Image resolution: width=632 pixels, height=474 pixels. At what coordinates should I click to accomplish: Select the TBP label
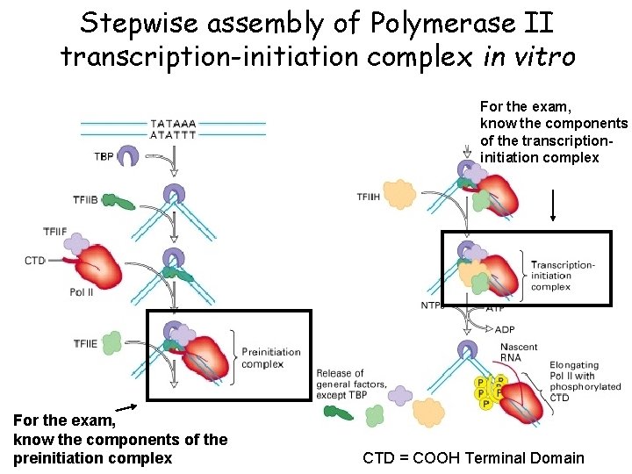(104, 156)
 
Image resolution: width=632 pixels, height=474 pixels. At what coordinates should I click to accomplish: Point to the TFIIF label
(55, 232)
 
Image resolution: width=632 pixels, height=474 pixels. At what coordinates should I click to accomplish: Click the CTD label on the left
(35, 261)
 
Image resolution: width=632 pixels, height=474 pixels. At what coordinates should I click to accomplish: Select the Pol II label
(82, 292)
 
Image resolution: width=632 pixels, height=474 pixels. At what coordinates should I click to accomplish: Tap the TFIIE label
(86, 343)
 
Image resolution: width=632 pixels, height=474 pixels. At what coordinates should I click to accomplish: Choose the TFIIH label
(369, 197)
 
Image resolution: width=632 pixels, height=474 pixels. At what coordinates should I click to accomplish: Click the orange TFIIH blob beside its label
(399, 194)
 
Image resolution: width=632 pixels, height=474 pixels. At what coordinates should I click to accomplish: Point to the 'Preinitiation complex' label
(270, 358)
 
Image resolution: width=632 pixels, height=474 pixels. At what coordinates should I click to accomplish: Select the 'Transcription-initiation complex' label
(562, 276)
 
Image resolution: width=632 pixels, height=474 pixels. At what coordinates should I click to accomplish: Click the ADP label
(505, 329)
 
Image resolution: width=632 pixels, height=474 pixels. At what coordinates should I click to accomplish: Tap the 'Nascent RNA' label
(519, 352)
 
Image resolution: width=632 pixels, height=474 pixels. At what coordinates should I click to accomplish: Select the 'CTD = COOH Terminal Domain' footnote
(473, 457)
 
